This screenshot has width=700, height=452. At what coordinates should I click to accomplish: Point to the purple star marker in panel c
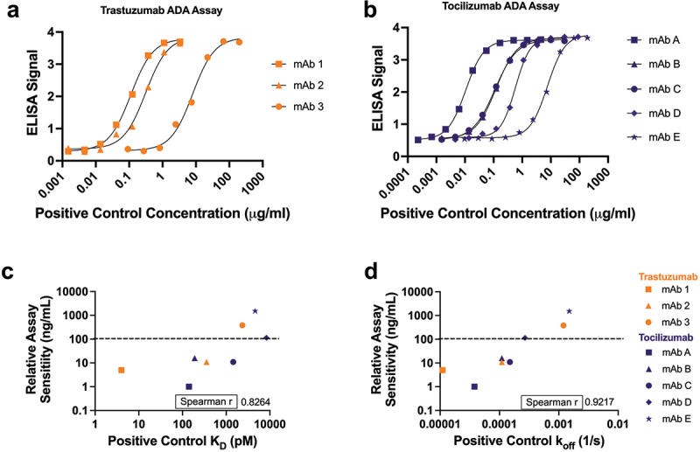coord(255,310)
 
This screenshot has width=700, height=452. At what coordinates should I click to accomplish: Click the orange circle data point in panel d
coord(563,325)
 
